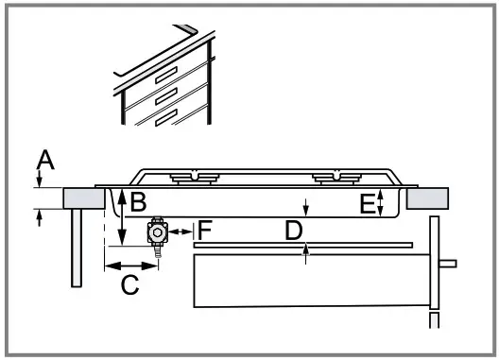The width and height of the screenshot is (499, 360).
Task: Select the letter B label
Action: (x=137, y=201)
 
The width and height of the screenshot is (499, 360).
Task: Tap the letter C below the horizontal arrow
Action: (x=129, y=283)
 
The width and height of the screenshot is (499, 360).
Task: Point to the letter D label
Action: (x=295, y=230)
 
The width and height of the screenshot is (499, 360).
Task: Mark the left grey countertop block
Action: (x=83, y=197)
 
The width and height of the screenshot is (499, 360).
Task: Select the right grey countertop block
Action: (x=429, y=197)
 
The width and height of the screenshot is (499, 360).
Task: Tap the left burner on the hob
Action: (x=194, y=176)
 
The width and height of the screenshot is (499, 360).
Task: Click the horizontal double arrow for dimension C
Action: (x=130, y=265)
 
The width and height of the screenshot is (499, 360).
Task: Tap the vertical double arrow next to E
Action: (x=379, y=202)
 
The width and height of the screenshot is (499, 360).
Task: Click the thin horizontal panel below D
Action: (x=302, y=245)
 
